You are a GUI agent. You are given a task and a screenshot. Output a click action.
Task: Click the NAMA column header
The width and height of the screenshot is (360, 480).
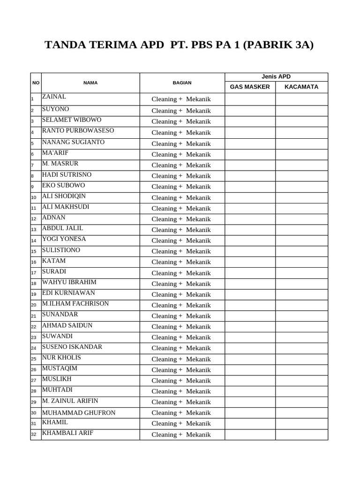[90, 83]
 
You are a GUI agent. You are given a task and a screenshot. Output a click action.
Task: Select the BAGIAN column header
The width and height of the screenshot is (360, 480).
[182, 83]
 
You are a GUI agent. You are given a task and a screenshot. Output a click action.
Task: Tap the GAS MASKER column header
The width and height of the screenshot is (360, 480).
[250, 87]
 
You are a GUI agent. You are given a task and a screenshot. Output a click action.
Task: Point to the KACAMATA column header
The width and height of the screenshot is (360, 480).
[301, 87]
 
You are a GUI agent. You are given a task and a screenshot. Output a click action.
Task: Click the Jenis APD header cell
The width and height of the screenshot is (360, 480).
[276, 77]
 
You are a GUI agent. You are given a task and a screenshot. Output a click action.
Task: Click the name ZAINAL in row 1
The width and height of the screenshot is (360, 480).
[54, 97]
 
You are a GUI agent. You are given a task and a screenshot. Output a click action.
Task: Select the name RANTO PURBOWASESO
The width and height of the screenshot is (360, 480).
[78, 131]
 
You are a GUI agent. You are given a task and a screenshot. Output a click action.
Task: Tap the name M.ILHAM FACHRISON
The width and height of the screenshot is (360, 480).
[75, 304]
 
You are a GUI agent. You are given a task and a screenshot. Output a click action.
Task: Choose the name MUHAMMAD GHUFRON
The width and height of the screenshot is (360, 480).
[79, 413]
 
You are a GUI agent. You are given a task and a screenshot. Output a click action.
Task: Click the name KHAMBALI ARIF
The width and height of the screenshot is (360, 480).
[67, 433]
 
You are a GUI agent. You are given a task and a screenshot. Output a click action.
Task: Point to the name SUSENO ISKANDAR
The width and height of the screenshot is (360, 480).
[72, 347]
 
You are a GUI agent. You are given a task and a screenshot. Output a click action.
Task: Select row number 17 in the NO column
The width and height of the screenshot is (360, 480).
[34, 273]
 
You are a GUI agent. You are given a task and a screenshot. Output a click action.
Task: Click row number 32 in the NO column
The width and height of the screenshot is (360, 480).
[34, 435]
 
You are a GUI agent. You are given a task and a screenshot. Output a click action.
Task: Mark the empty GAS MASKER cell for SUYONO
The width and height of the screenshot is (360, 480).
[250, 111]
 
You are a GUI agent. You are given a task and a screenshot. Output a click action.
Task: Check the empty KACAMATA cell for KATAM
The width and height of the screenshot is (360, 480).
[301, 262]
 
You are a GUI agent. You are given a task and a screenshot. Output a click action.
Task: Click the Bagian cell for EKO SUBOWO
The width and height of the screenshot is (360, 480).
[181, 187]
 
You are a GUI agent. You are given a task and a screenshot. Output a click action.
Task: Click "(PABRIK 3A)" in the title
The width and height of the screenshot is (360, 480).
[278, 45]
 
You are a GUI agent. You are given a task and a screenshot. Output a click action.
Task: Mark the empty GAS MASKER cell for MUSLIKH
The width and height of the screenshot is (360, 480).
[250, 381]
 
